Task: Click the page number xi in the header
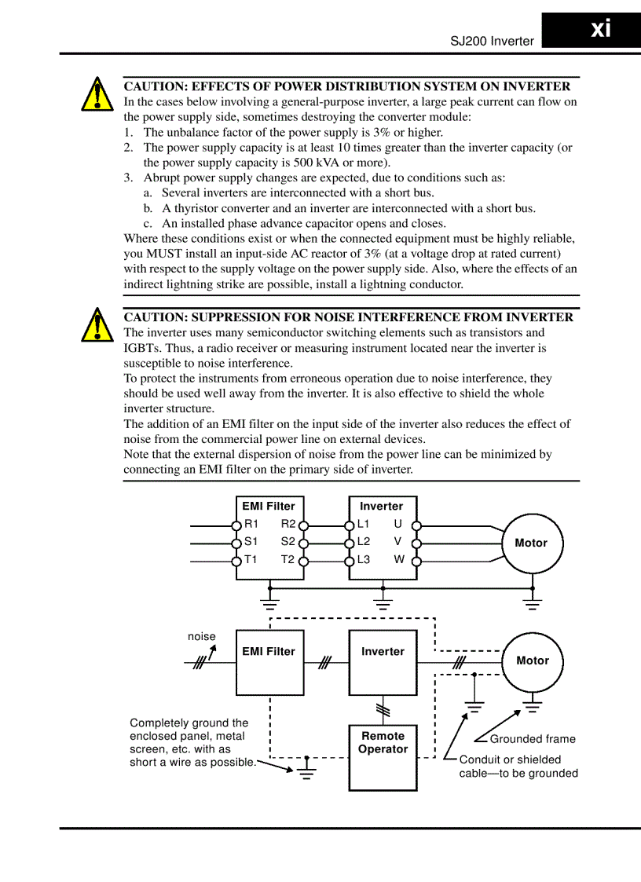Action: (600, 30)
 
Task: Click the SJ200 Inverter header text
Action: (492, 42)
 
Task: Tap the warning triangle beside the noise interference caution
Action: (96, 325)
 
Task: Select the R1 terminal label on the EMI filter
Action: (251, 524)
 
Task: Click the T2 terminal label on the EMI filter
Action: (288, 560)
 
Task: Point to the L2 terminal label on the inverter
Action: (364, 542)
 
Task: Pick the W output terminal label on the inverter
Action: (399, 560)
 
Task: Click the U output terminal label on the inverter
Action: (398, 524)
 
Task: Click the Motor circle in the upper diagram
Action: (532, 543)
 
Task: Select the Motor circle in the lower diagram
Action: (533, 661)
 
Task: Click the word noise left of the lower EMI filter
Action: (201, 637)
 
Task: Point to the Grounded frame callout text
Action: (533, 739)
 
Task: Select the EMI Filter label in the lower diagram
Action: (269, 652)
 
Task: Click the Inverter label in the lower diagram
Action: (383, 652)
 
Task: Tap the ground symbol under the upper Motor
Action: (533, 604)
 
